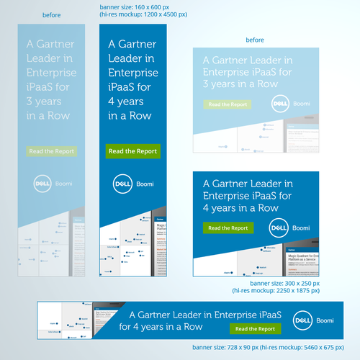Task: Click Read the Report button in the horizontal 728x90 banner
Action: [256, 329]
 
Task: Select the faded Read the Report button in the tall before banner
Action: [51, 151]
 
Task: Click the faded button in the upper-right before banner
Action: [227, 104]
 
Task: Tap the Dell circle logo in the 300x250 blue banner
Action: [279, 228]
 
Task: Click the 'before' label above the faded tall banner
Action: [52, 14]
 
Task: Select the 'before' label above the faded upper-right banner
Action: [256, 40]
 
